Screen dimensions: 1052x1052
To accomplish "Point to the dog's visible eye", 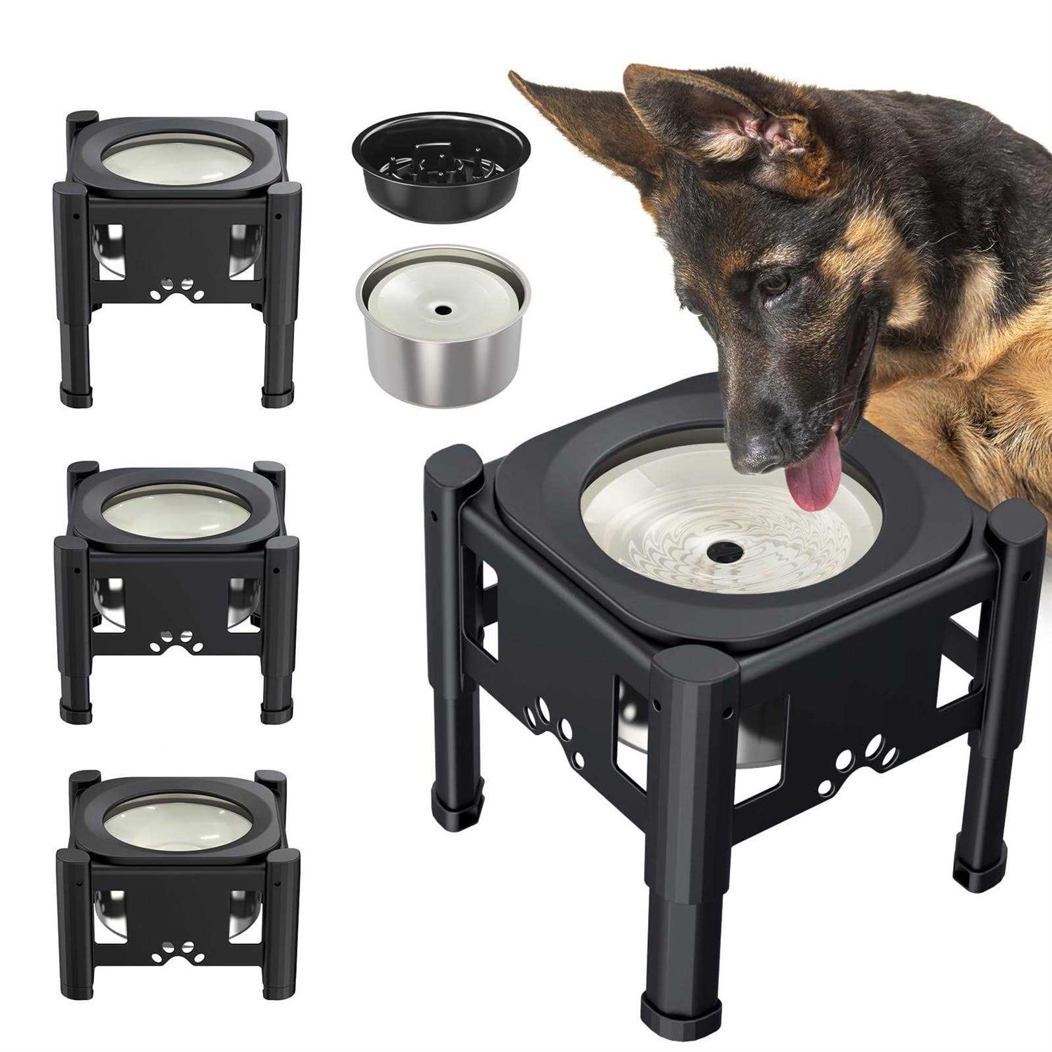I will tap(774, 283).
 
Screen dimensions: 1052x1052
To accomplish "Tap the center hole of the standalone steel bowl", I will tap(442, 309).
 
